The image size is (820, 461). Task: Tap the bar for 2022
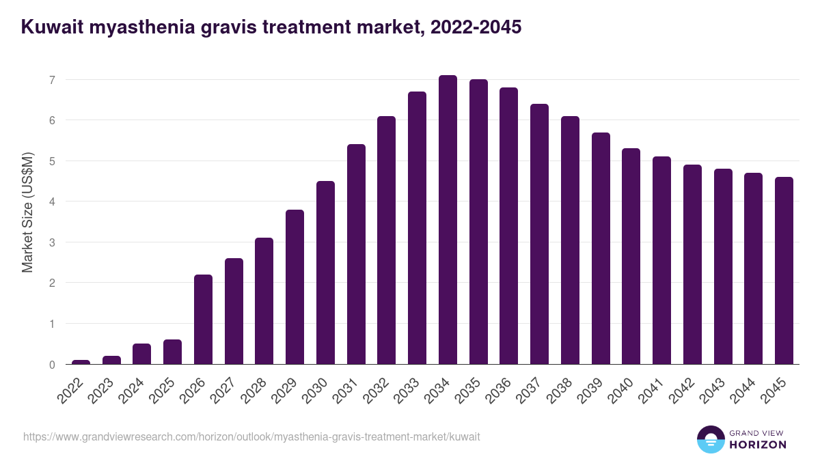[81, 362]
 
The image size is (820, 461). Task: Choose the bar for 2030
[325, 273]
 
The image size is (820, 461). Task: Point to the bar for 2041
[661, 260]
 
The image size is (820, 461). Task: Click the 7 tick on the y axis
[51, 80]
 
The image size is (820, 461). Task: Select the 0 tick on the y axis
[51, 365]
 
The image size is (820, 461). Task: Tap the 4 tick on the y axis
[51, 201]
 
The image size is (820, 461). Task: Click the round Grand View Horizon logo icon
[710, 439]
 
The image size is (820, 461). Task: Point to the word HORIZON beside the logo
[758, 445]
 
